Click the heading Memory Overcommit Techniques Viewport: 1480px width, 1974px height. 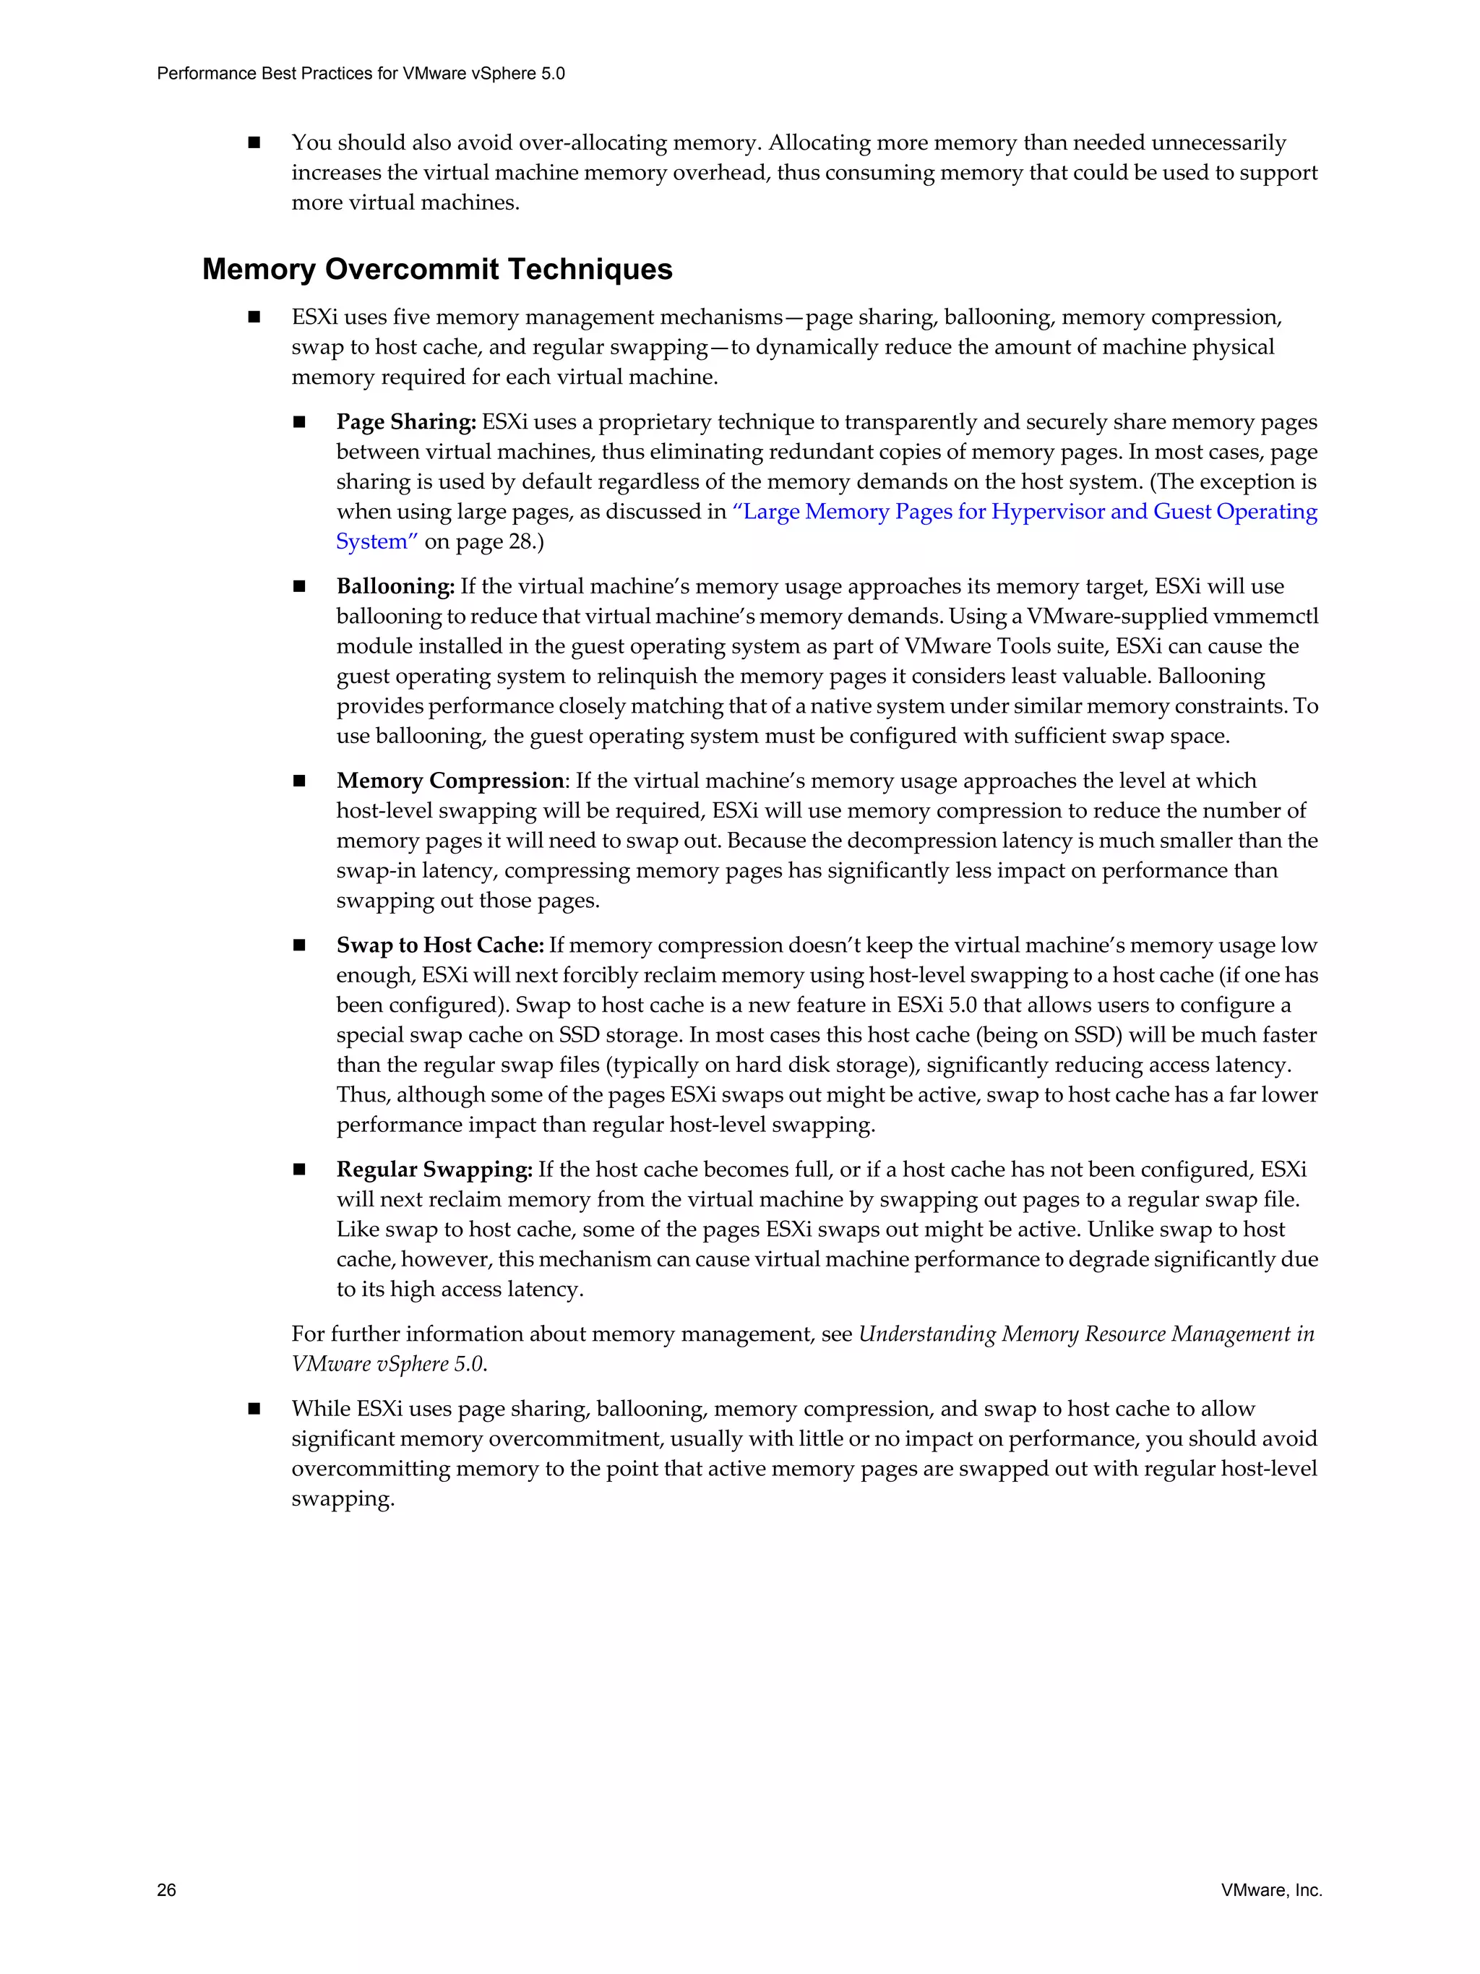click(x=437, y=269)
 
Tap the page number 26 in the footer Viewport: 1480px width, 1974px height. click(x=166, y=1889)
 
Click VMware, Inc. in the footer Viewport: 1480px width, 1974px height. click(x=1271, y=1889)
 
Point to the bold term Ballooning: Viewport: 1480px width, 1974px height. click(x=395, y=586)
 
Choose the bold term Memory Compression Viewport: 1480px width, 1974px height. click(x=450, y=781)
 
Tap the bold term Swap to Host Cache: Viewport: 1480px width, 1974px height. click(x=440, y=945)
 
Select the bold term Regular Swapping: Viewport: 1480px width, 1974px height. click(x=434, y=1169)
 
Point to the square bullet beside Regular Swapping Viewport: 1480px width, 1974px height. click(x=300, y=1169)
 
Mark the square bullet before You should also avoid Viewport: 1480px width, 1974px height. click(x=254, y=143)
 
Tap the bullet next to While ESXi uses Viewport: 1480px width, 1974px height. click(x=254, y=1409)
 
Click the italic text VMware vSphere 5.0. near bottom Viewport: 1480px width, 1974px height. click(x=389, y=1365)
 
